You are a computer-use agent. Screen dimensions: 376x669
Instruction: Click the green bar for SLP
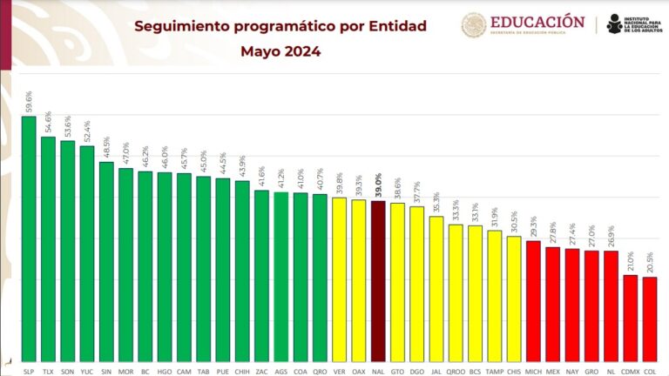(x=29, y=239)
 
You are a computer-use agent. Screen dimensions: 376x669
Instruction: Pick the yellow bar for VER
(x=340, y=279)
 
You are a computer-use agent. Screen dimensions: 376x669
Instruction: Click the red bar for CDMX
(x=630, y=318)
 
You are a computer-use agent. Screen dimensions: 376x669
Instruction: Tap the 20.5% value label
(x=650, y=262)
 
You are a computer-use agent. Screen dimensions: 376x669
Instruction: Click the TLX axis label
(x=48, y=370)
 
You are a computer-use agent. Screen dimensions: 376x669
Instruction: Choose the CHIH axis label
(x=242, y=370)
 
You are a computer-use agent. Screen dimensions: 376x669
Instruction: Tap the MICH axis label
(x=533, y=370)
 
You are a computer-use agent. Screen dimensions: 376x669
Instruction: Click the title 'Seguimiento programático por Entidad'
(x=280, y=26)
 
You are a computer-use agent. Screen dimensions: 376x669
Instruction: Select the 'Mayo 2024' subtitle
(x=280, y=51)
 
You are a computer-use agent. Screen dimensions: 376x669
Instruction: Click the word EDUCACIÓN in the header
(x=537, y=21)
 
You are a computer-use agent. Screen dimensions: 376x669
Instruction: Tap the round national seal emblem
(x=474, y=25)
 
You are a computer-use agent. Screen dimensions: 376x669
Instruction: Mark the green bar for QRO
(x=320, y=278)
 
